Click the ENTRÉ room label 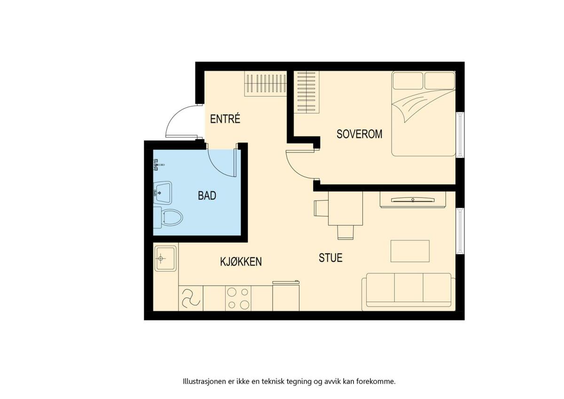pyautogui.click(x=225, y=119)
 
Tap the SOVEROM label pyautogui.click(x=359, y=134)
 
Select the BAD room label pyautogui.click(x=207, y=196)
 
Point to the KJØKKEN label pyautogui.click(x=241, y=262)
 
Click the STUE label pyautogui.click(x=330, y=257)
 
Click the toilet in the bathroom pyautogui.click(x=168, y=217)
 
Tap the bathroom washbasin pyautogui.click(x=163, y=192)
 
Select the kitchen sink pyautogui.click(x=165, y=258)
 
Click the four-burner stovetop pyautogui.click(x=238, y=298)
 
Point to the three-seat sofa pyautogui.click(x=408, y=292)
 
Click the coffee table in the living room pyautogui.click(x=410, y=251)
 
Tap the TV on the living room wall pyautogui.click(x=413, y=200)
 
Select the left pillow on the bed pyautogui.click(x=407, y=80)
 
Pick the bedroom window pyautogui.click(x=460, y=135)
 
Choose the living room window pyautogui.click(x=460, y=231)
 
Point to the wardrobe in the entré pyautogui.click(x=266, y=83)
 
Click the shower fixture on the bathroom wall pyautogui.click(x=158, y=165)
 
